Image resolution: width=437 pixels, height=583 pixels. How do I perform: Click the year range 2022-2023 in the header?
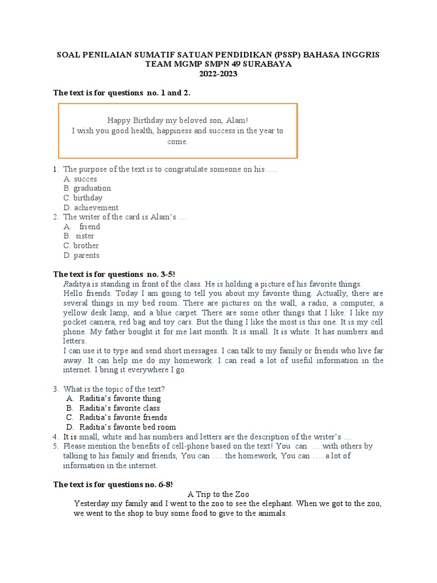click(219, 74)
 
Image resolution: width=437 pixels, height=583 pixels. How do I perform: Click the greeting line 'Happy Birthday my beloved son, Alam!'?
click(178, 121)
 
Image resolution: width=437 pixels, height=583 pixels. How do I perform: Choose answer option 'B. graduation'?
click(88, 188)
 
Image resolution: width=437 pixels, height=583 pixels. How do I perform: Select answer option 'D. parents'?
click(82, 256)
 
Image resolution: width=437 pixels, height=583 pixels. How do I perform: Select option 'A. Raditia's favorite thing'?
click(114, 399)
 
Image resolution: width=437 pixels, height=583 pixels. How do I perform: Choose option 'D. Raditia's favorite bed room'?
click(121, 427)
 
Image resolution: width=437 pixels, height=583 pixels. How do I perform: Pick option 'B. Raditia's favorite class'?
click(113, 408)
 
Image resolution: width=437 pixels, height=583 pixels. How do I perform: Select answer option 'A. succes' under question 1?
click(80, 179)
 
